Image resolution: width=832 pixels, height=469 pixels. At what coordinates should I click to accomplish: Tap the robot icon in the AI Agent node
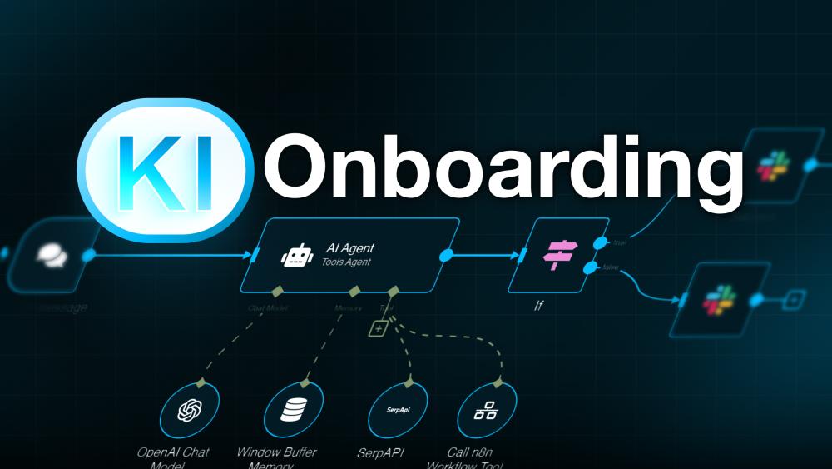pos(296,255)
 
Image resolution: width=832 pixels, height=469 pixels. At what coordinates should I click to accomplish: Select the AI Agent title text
pos(349,248)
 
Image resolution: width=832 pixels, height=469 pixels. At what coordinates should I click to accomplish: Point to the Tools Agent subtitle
pos(346,262)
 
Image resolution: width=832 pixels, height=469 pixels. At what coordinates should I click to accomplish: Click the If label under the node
pos(538,307)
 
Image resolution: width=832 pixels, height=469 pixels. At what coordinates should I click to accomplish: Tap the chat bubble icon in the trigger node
pos(51,254)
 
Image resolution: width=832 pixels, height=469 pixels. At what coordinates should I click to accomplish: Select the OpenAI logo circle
pos(191,411)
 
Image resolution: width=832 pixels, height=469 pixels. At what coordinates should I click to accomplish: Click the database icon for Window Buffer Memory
pos(294,411)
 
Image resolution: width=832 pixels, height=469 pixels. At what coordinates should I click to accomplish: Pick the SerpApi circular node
pos(398,411)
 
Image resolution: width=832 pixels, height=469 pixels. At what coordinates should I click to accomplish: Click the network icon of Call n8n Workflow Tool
pos(484,411)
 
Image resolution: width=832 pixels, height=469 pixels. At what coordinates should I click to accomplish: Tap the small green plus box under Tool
pos(378,329)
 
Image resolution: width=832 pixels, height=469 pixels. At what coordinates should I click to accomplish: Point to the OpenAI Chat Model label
pos(173,457)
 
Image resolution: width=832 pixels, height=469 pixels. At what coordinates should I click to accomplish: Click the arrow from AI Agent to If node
pos(486,254)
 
